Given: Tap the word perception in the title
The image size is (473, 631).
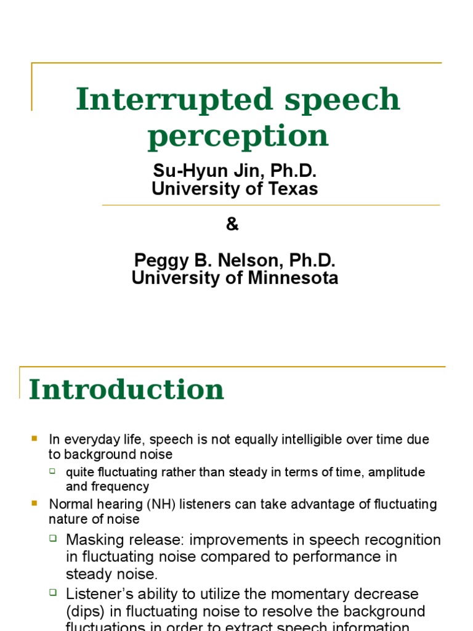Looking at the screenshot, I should (x=238, y=136).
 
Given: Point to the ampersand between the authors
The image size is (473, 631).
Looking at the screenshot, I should (x=232, y=225).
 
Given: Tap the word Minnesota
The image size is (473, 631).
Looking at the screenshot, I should (x=293, y=278).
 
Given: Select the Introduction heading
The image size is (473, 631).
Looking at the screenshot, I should (x=126, y=389).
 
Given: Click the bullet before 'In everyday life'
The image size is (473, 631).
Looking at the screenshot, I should (x=34, y=439).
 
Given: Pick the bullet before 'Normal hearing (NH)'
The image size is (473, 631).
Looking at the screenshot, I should (x=34, y=503).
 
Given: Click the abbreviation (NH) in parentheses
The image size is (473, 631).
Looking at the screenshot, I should (x=151, y=504).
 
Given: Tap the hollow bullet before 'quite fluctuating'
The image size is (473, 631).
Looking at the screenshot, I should (x=53, y=471).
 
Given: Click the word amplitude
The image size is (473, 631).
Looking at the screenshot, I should (x=398, y=472).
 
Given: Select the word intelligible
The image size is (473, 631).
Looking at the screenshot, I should (x=315, y=439).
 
